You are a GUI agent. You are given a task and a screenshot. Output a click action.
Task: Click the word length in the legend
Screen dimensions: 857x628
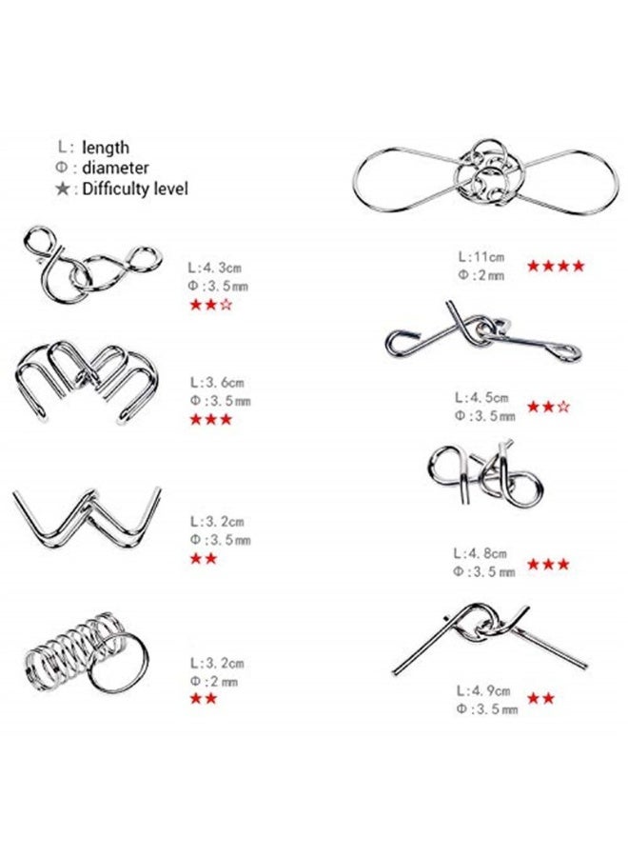tap(106, 148)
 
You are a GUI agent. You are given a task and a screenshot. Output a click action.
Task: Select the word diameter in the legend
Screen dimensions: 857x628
tap(115, 168)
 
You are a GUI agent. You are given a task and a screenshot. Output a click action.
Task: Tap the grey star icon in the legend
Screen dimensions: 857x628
tap(63, 189)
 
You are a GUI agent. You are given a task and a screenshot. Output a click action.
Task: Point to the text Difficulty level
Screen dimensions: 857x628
tap(134, 189)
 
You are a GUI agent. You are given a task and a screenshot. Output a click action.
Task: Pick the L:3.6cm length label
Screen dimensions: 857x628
tap(217, 383)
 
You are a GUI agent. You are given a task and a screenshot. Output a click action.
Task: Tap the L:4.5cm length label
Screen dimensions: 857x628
tap(482, 397)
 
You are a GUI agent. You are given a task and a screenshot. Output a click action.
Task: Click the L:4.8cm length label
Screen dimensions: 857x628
tap(481, 554)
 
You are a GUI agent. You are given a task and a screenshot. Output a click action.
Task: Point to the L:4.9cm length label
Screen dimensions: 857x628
tap(483, 690)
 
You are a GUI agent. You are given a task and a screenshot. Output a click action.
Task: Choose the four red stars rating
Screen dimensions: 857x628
tap(556, 266)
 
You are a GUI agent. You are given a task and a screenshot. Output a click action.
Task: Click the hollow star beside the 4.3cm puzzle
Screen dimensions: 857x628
tap(226, 305)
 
